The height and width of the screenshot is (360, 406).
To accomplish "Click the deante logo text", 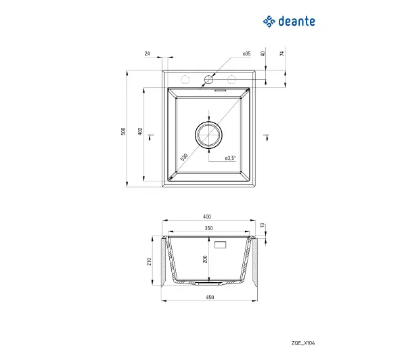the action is [296, 21].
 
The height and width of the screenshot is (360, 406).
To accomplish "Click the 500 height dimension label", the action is [123, 131].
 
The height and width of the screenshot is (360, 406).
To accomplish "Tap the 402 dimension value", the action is [140, 131].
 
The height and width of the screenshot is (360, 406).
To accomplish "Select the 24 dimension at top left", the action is [147, 53].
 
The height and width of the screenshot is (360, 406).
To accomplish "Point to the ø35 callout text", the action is [247, 53].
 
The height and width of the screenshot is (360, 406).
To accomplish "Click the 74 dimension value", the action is [282, 53].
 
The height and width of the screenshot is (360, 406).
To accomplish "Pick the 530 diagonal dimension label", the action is [184, 157].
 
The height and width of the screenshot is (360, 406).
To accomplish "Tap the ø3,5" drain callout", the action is [231, 158].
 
